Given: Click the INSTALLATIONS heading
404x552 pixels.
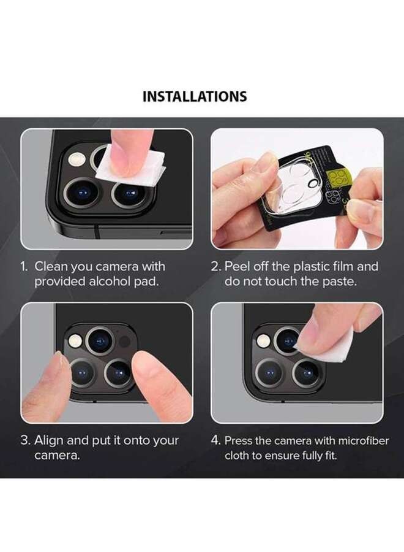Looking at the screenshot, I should coord(195,96).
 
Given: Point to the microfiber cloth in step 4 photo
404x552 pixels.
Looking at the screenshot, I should coord(327,347).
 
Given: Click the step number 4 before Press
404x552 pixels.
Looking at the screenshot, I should coord(215,440).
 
